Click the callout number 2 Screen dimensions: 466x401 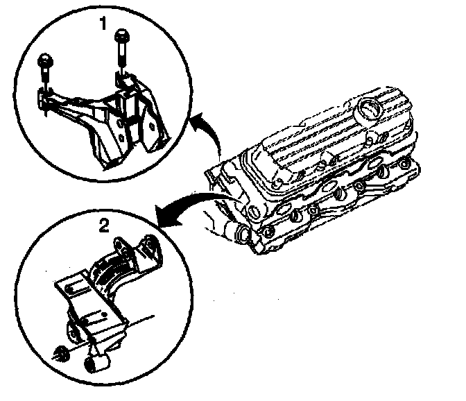(x=103, y=224)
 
